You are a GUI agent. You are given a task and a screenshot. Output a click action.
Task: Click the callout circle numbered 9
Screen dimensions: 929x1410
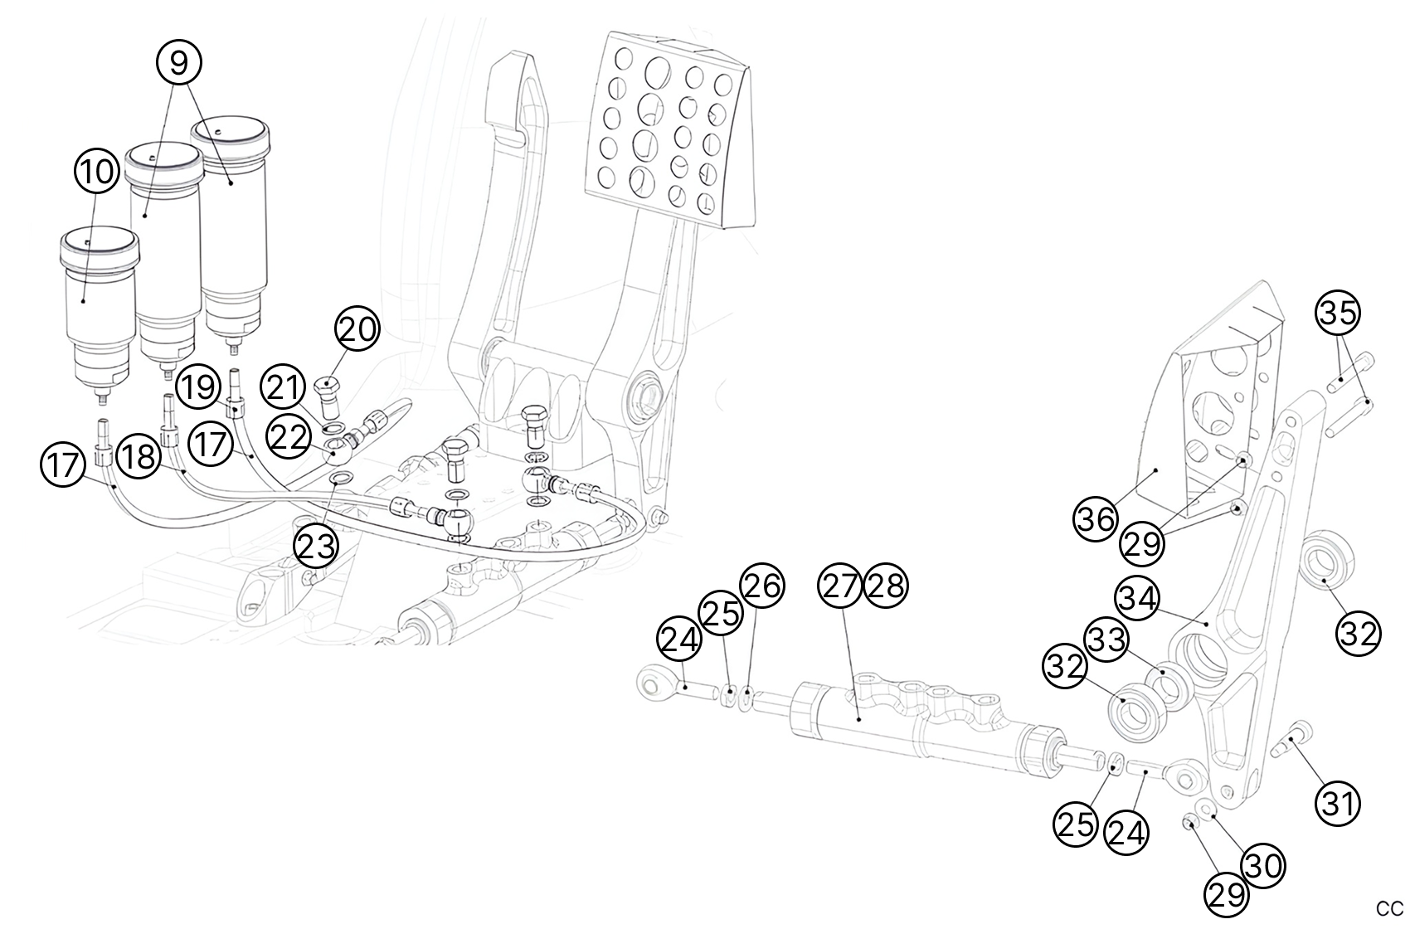179,62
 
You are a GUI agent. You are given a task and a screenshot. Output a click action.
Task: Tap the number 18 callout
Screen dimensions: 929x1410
138,455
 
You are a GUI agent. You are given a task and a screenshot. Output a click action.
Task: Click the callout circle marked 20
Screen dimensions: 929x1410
357,330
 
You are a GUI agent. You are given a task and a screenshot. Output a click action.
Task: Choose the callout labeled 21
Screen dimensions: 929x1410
283,387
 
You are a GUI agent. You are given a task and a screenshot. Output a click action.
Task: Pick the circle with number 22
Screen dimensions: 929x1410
288,437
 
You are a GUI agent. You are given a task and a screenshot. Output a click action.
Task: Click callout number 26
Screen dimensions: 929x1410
761,586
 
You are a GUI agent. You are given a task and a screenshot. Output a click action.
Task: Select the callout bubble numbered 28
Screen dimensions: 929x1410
887,586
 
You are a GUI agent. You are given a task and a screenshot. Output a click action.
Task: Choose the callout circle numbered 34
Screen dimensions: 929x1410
1138,597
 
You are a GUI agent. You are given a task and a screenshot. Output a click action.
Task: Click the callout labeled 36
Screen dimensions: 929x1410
1096,519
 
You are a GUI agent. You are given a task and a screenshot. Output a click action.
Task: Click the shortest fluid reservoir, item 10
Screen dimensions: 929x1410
98,307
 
